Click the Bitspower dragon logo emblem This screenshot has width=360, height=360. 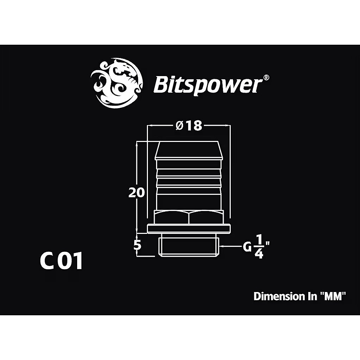pyautogui.click(x=117, y=83)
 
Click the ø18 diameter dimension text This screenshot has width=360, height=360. pyautogui.click(x=189, y=125)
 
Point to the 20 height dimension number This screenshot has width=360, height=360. pyautogui.click(x=136, y=193)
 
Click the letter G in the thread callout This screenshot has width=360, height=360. pyautogui.click(x=247, y=247)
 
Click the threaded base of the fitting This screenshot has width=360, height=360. pyautogui.click(x=188, y=246)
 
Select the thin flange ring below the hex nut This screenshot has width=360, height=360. pyautogui.click(x=188, y=228)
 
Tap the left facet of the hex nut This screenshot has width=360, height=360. pyautogui.click(x=172, y=218)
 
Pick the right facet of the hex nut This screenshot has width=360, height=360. pyautogui.click(x=206, y=218)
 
